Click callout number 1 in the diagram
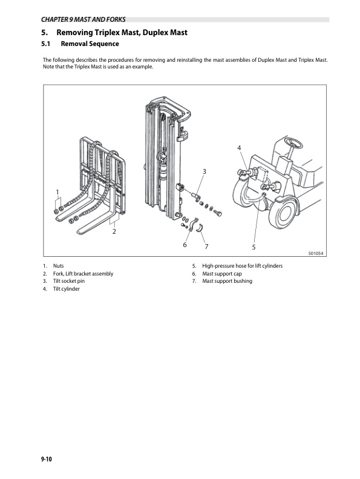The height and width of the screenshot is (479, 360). [x=57, y=192]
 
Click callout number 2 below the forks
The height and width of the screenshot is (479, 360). [x=114, y=231]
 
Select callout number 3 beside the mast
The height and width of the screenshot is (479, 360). [x=205, y=172]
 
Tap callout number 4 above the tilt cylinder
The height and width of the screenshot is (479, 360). [x=239, y=148]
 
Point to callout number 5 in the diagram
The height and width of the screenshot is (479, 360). [x=254, y=247]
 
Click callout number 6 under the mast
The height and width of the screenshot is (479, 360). [x=185, y=245]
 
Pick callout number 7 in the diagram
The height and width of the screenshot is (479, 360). [x=206, y=246]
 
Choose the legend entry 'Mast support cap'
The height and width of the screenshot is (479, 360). [x=222, y=274]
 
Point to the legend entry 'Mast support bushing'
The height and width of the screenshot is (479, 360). [x=227, y=282]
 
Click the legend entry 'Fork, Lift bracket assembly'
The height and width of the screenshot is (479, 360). [x=83, y=274]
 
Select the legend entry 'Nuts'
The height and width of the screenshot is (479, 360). [x=59, y=266]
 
